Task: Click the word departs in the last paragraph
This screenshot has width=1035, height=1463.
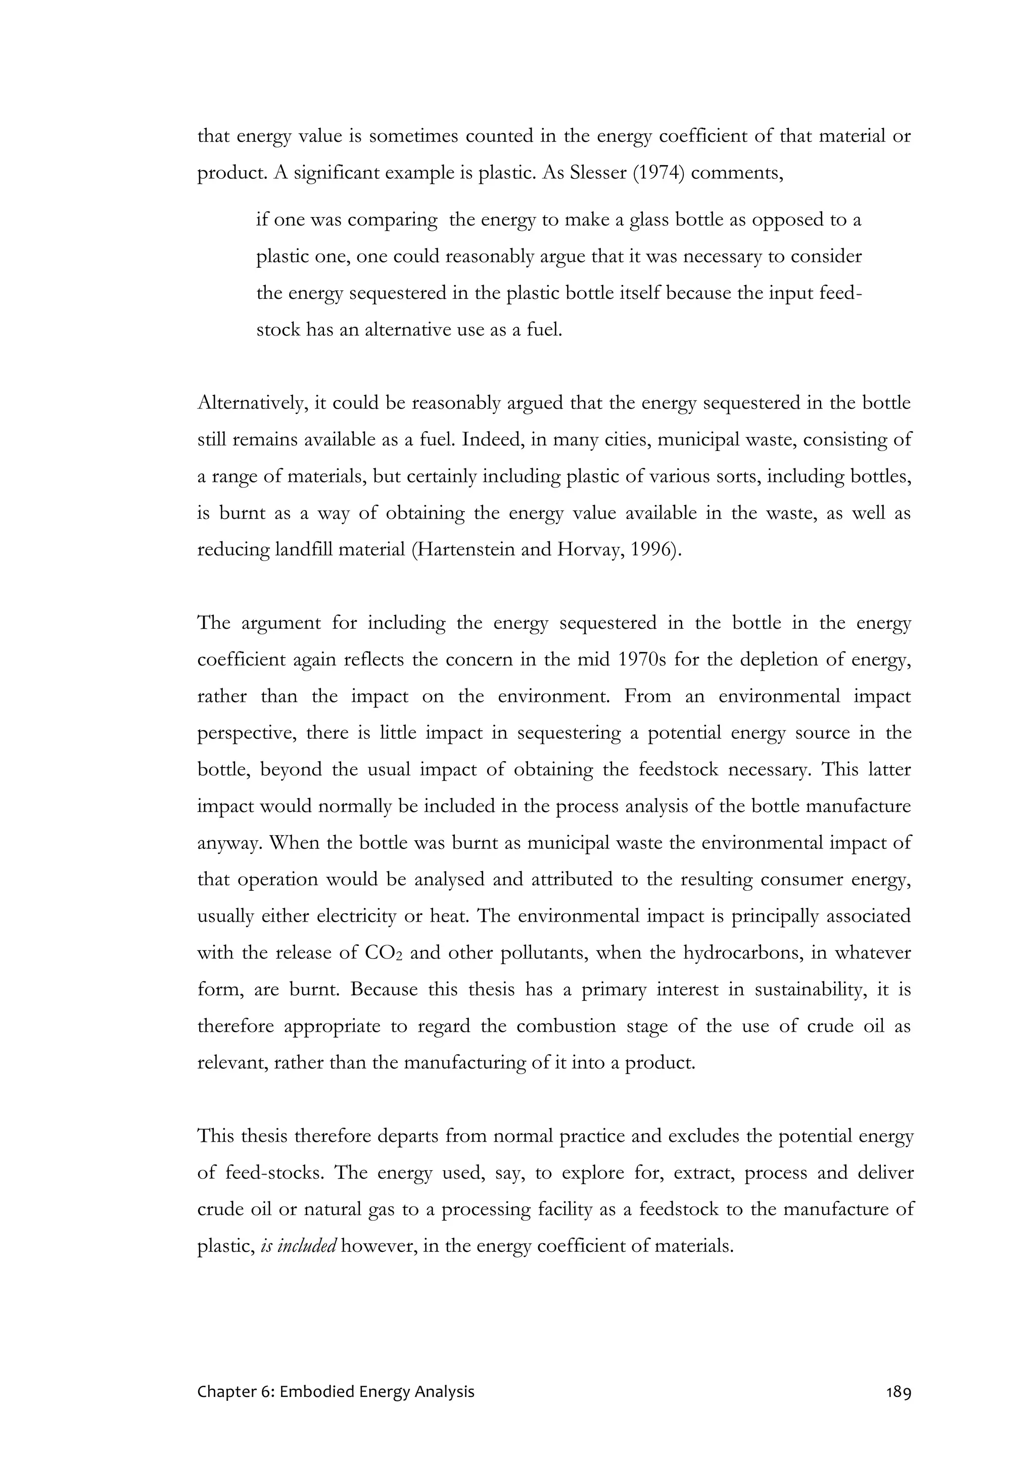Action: click(x=412, y=1136)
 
